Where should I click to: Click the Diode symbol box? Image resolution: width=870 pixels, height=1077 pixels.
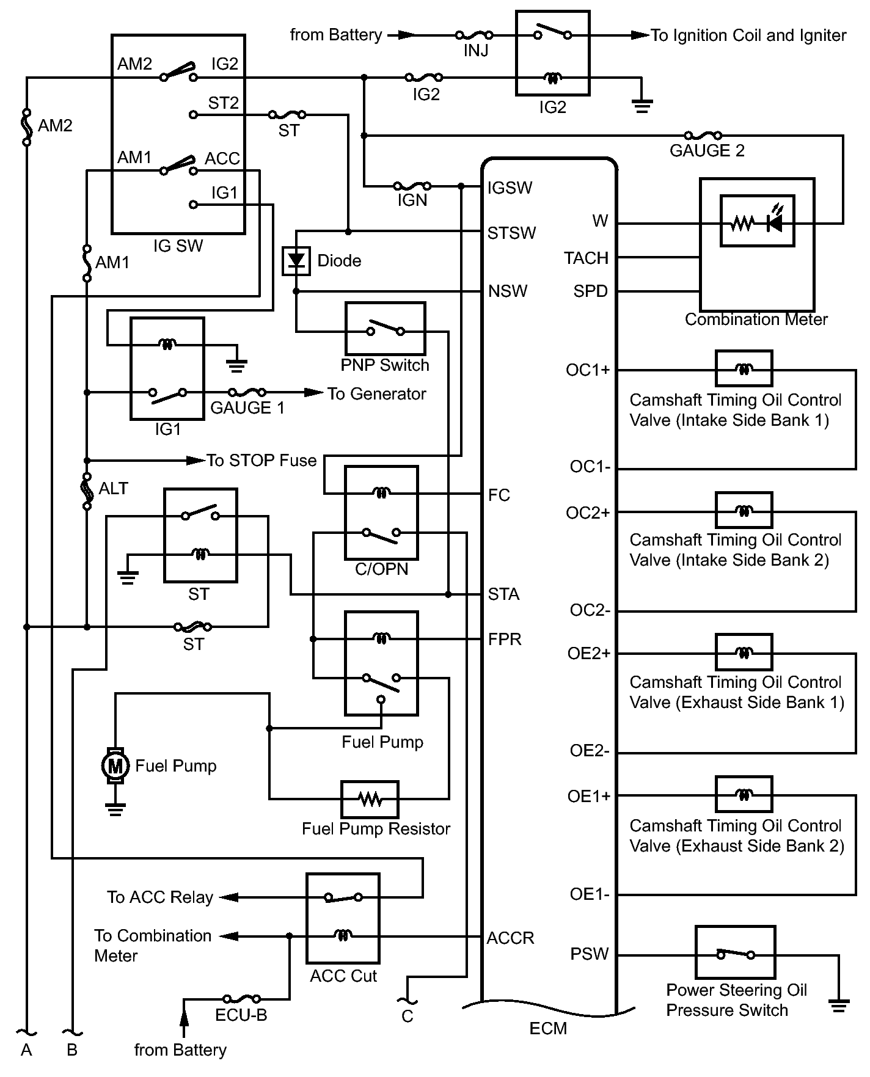296,261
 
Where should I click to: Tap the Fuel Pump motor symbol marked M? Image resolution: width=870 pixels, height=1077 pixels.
115,765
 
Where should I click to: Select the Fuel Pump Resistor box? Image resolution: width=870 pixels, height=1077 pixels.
370,799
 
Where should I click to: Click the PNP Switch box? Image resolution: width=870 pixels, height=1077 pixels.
385,330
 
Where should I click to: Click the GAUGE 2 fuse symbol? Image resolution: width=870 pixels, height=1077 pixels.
703,136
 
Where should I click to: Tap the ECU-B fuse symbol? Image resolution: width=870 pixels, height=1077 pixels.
242,999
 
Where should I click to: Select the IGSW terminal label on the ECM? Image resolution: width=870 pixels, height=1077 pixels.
510,188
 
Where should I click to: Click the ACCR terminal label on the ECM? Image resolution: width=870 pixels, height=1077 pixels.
510,938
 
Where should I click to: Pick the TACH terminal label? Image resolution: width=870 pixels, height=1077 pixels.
586,258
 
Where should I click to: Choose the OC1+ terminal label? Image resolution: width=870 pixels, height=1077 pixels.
588,370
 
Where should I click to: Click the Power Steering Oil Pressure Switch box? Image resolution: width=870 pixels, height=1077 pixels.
735,952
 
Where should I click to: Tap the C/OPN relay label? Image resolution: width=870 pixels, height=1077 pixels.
381,569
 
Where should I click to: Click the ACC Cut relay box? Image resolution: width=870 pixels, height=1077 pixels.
343,918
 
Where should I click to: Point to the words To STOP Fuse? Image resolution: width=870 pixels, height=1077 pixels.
261,461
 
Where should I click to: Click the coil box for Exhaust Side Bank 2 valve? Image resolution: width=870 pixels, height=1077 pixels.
744,794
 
